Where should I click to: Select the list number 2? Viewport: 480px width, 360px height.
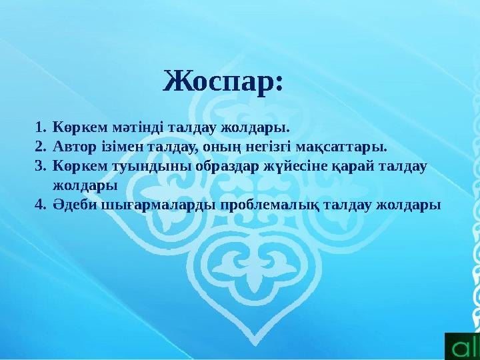pyautogui.click(x=39, y=145)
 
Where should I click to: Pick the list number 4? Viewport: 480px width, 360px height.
pyautogui.click(x=39, y=203)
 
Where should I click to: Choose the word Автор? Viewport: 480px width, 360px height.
pyautogui.click(x=72, y=145)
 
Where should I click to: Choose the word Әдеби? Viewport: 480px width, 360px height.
pyautogui.click(x=73, y=203)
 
